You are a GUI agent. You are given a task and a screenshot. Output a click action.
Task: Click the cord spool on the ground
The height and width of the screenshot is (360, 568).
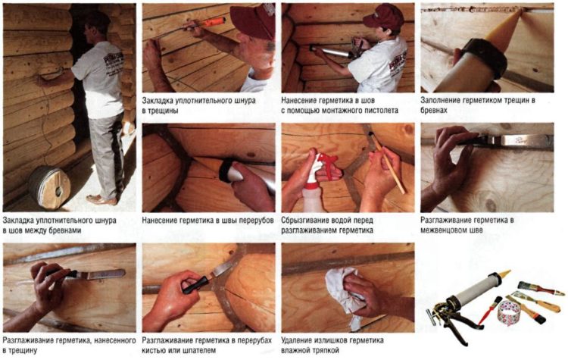[x=50, y=187]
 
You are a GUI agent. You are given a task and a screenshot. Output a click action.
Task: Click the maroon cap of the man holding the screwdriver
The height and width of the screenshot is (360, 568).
[x=254, y=20]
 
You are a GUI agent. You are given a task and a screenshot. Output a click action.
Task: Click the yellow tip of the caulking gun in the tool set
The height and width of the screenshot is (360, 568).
[x=503, y=276]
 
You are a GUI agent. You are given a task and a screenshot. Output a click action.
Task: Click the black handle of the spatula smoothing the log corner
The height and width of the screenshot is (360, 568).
[x=195, y=285]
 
